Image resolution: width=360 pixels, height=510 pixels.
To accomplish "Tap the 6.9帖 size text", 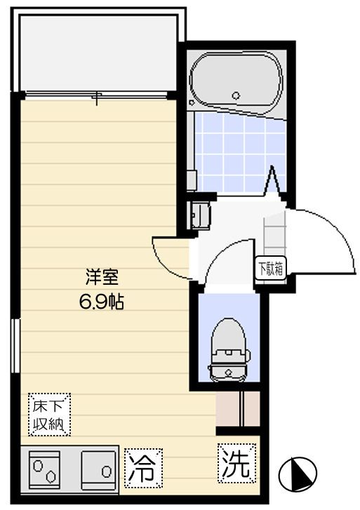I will coord(101,303).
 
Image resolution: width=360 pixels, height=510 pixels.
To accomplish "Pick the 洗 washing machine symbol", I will coord(236,464).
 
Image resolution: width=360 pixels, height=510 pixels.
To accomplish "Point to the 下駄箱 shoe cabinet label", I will coord(270,269).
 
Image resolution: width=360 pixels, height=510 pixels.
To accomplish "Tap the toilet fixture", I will coord(228,347).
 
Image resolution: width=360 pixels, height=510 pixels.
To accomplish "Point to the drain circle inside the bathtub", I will coord(236,95).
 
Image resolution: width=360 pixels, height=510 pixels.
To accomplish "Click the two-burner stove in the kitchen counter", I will coord(44,468).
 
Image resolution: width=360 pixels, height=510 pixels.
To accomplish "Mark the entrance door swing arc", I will coord(330,239).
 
